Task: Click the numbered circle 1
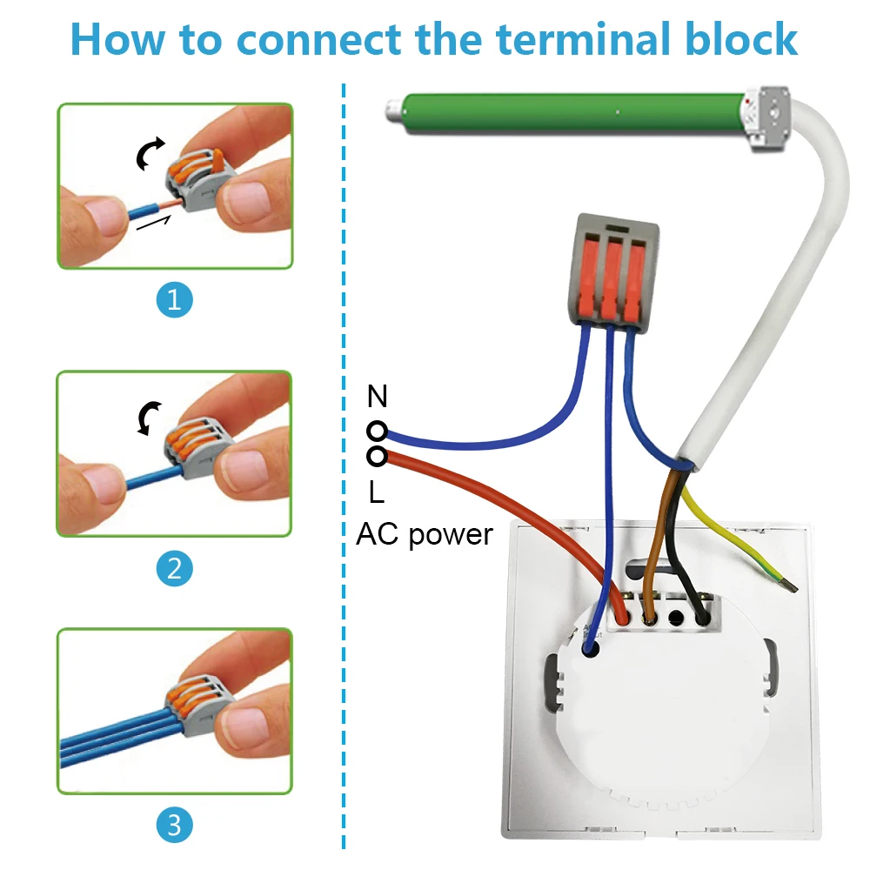coord(174,300)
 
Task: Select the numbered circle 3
coord(174,823)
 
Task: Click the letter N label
coord(377,398)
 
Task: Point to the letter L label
coord(376,493)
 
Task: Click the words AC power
coord(424,533)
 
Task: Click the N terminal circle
coord(377,431)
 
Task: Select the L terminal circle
coord(377,456)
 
